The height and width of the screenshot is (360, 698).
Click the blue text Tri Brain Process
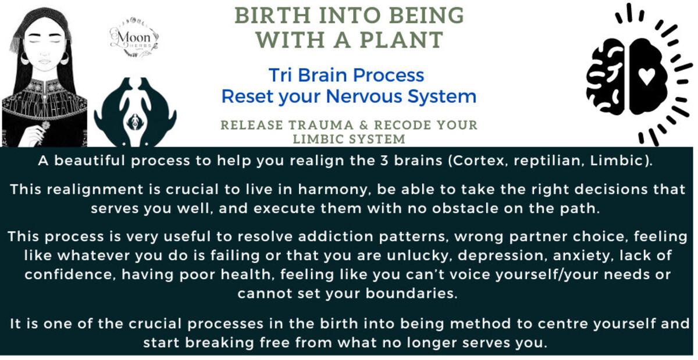(x=346, y=75)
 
